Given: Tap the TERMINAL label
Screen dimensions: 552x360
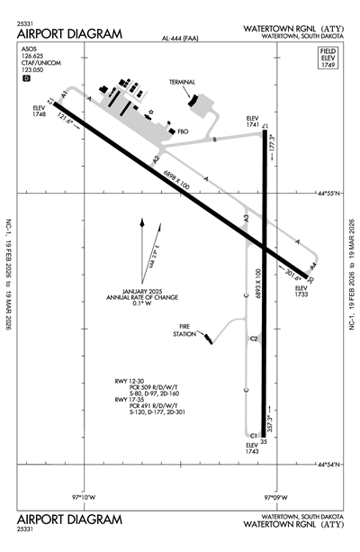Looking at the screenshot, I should [x=183, y=82].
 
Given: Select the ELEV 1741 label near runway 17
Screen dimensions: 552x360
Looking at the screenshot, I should [x=252, y=122].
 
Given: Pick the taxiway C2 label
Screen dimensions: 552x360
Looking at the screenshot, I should [x=254, y=339].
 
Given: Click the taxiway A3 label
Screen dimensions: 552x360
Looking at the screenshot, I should [x=246, y=218].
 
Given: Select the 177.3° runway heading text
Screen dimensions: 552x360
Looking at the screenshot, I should [x=272, y=145].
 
